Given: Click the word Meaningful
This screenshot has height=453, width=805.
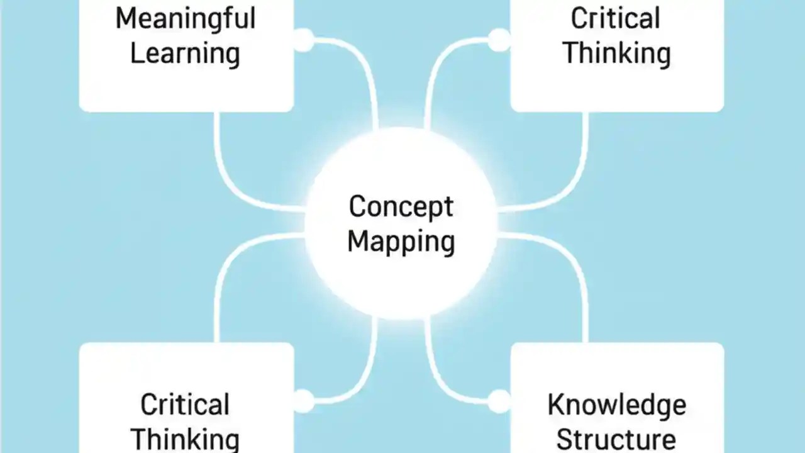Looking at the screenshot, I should [x=185, y=19].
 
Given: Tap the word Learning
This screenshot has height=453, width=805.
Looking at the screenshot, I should [x=185, y=53].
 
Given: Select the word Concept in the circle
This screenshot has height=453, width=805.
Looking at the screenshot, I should [x=401, y=207].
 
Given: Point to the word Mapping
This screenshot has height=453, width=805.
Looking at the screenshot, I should [x=401, y=242].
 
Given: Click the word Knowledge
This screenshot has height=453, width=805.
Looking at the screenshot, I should [x=616, y=405].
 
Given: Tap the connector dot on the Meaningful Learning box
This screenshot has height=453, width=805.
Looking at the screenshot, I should [x=304, y=40].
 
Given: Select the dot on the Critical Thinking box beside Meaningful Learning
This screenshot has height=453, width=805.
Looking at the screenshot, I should [x=500, y=40].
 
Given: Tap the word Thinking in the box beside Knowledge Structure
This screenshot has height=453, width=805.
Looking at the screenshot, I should [x=185, y=438].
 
